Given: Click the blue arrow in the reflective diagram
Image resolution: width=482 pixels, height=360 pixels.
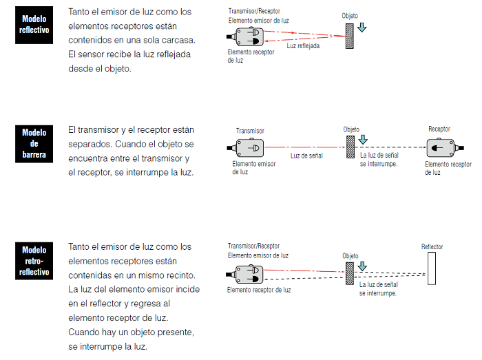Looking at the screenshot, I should coord(363,28).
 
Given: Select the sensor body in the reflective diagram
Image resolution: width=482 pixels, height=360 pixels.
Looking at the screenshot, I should coord(248,36).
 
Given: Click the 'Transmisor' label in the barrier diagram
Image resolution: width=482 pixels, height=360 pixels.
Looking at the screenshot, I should coord(250,131).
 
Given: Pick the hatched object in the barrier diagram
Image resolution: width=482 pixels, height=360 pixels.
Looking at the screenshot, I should coord(350,147).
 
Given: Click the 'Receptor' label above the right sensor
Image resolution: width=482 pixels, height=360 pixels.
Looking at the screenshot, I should coord(439,129).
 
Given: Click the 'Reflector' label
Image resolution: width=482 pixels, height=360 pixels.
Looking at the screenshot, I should coord(432,246).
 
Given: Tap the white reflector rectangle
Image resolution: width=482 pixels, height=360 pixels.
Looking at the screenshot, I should coord(432,268).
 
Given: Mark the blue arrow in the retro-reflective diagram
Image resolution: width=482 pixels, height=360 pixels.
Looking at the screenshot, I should coord(363,266).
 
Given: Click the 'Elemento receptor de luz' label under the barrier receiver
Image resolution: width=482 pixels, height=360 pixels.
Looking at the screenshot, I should coord(448,168).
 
